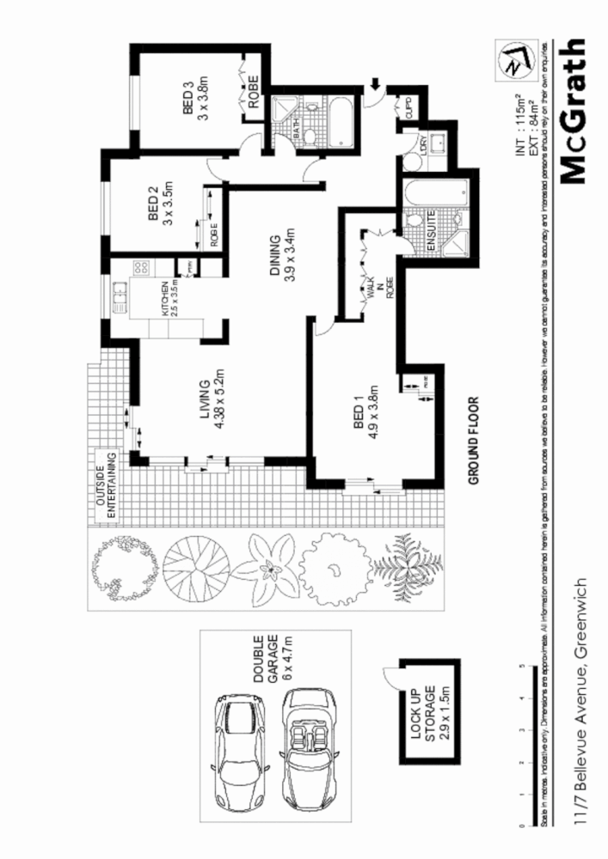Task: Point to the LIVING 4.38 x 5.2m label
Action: point(212,406)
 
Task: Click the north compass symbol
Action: point(514,60)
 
